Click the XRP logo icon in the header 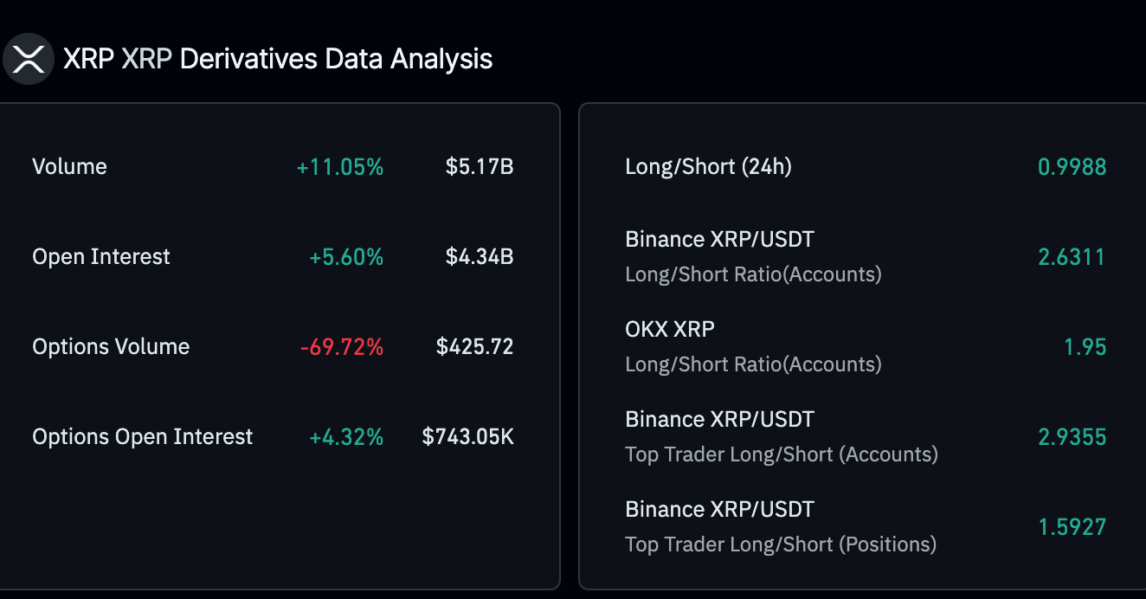pyautogui.click(x=28, y=59)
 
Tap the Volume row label pyautogui.click(x=69, y=166)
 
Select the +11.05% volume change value pyautogui.click(x=339, y=166)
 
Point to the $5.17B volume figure pyautogui.click(x=480, y=166)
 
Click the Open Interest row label pyautogui.click(x=101, y=256)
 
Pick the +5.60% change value pyautogui.click(x=346, y=256)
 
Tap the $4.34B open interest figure pyautogui.click(x=480, y=256)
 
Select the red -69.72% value pyautogui.click(x=341, y=346)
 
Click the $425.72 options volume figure pyautogui.click(x=474, y=346)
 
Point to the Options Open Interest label pyautogui.click(x=143, y=436)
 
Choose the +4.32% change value pyautogui.click(x=346, y=436)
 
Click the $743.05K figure pyautogui.click(x=467, y=436)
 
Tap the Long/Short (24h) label pyautogui.click(x=708, y=166)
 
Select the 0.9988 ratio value pyautogui.click(x=1072, y=166)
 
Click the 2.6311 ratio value pyautogui.click(x=1072, y=256)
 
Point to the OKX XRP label pyautogui.click(x=670, y=329)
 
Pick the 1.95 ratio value pyautogui.click(x=1085, y=346)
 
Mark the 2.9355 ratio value pyautogui.click(x=1072, y=436)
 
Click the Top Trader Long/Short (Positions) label pyautogui.click(x=781, y=544)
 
